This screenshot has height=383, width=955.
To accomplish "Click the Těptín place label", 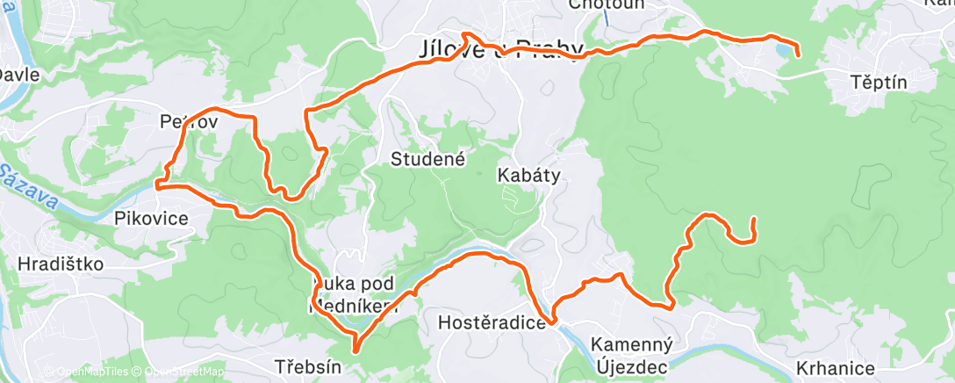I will click(879, 82).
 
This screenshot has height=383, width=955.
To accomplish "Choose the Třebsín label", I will click(307, 366).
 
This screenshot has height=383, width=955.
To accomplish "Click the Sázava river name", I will click(28, 187).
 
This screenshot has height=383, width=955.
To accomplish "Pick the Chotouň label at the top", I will click(606, 4).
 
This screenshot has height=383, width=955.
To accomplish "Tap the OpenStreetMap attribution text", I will click(181, 372).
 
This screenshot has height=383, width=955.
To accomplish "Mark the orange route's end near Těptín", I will click(798, 55).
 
